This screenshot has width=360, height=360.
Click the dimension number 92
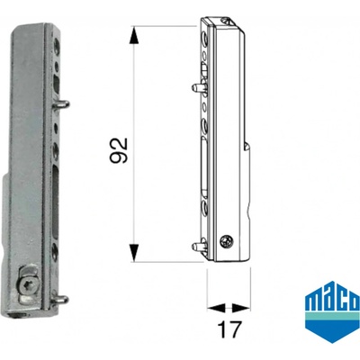point(119,150)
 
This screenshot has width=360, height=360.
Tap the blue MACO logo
point(332,312)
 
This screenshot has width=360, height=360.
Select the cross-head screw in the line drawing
point(227,241)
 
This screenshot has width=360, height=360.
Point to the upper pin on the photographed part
point(62,104)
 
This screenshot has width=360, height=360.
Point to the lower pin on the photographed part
point(61,300)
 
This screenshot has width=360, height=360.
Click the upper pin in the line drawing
point(198,87)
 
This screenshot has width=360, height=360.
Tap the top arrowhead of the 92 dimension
point(135,36)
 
